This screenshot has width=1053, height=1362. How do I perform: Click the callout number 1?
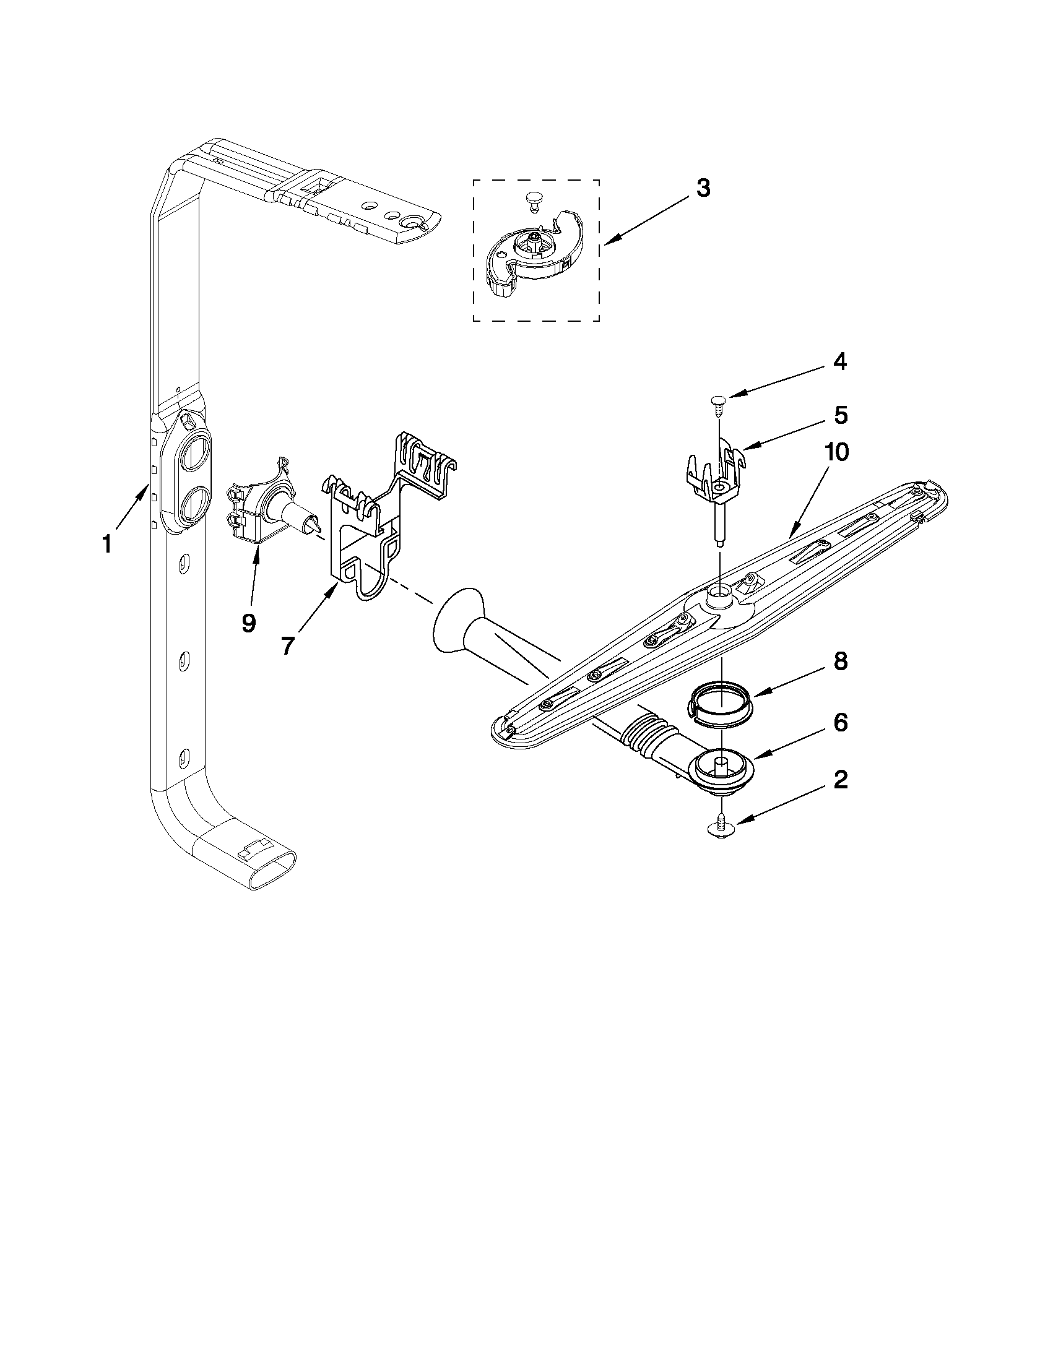point(107,545)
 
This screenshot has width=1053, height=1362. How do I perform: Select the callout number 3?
point(703,187)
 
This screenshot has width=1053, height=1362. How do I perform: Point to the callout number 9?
point(248,623)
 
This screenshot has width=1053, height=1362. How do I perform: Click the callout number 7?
point(287,646)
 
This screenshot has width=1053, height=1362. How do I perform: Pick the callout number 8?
point(840,662)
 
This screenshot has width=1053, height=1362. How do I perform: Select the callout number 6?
point(840,723)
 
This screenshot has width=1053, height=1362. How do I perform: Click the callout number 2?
point(840,779)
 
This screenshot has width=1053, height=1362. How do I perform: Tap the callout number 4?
point(840,362)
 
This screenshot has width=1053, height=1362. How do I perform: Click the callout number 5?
point(840,416)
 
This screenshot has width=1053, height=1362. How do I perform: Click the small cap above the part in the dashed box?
point(531,199)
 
